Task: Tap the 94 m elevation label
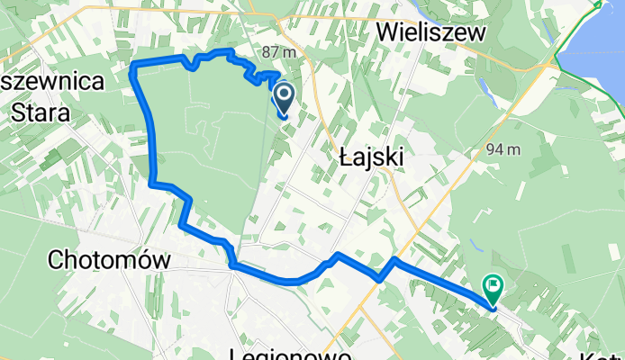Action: (502, 148)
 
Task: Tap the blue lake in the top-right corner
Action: (594, 45)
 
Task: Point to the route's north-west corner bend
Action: (135, 66)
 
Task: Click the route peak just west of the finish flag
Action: (394, 259)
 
